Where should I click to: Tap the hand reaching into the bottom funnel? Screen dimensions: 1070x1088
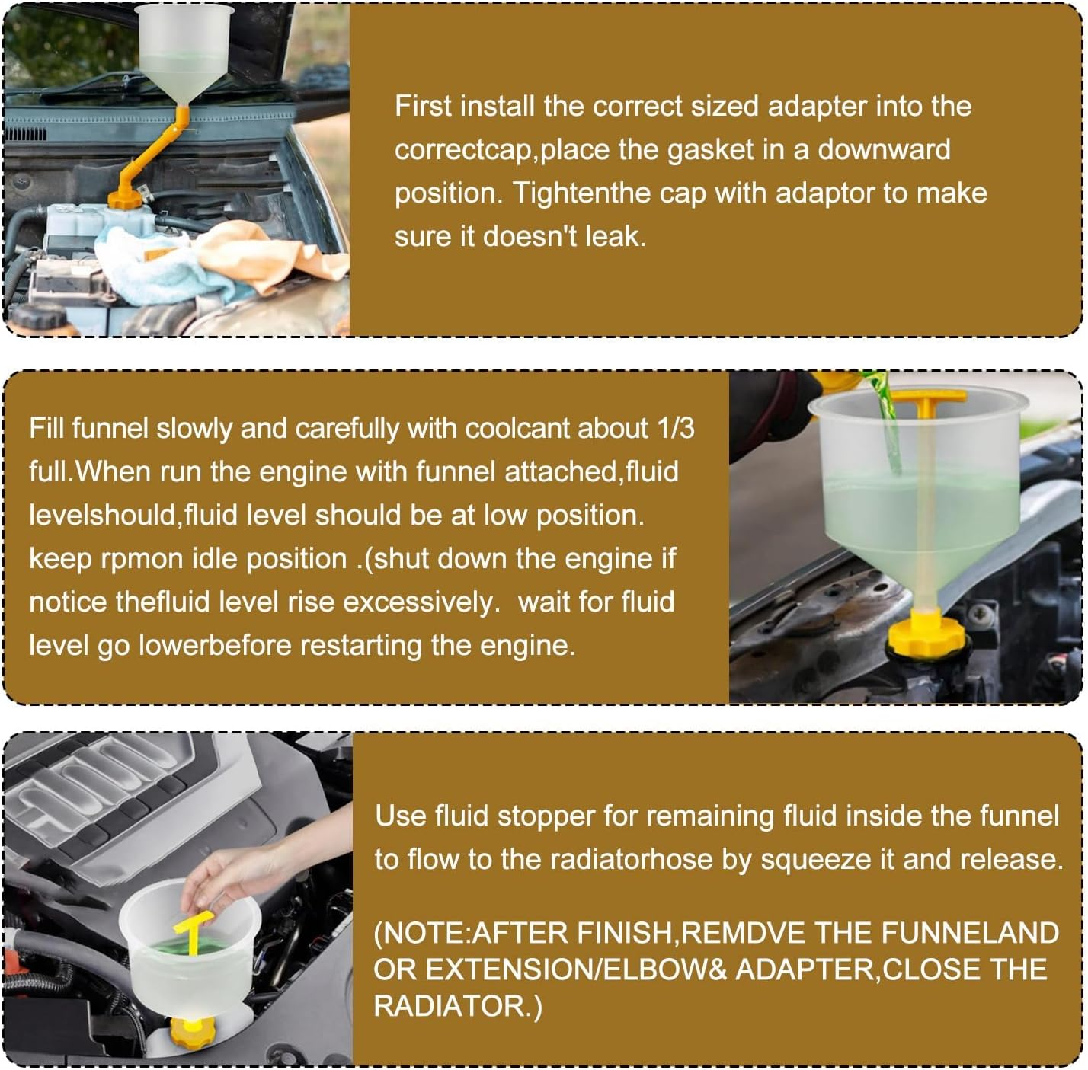217,876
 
